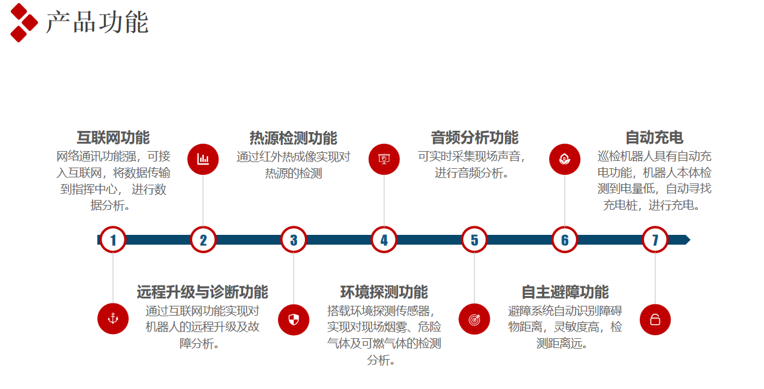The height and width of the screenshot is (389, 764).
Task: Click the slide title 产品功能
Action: [x=97, y=23]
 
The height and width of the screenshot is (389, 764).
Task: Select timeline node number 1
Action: [x=113, y=240]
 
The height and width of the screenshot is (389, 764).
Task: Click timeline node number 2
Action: [x=203, y=240]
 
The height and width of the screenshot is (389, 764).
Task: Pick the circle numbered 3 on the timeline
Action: [x=293, y=240]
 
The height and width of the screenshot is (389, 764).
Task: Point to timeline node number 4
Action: [x=384, y=240]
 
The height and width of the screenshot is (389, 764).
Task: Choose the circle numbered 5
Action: [x=474, y=240]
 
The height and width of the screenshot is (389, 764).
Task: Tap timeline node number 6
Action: [x=564, y=240]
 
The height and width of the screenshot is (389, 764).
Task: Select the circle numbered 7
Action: [x=655, y=240]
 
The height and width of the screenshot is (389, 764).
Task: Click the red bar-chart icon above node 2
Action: [x=203, y=159]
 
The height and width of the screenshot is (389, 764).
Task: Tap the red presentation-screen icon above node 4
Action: [x=384, y=159]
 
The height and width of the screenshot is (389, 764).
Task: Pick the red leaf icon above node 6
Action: [x=564, y=159]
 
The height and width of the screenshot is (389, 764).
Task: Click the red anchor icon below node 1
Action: [x=113, y=319]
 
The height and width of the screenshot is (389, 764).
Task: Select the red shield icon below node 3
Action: [x=293, y=319]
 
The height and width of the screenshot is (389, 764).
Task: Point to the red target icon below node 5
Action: [x=474, y=319]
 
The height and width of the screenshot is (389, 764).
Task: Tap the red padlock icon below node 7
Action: [x=655, y=319]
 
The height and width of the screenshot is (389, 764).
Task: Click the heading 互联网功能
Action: [x=113, y=138]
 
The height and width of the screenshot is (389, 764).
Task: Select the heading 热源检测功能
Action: [x=293, y=138]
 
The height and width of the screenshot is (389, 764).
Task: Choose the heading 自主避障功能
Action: [x=565, y=292]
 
